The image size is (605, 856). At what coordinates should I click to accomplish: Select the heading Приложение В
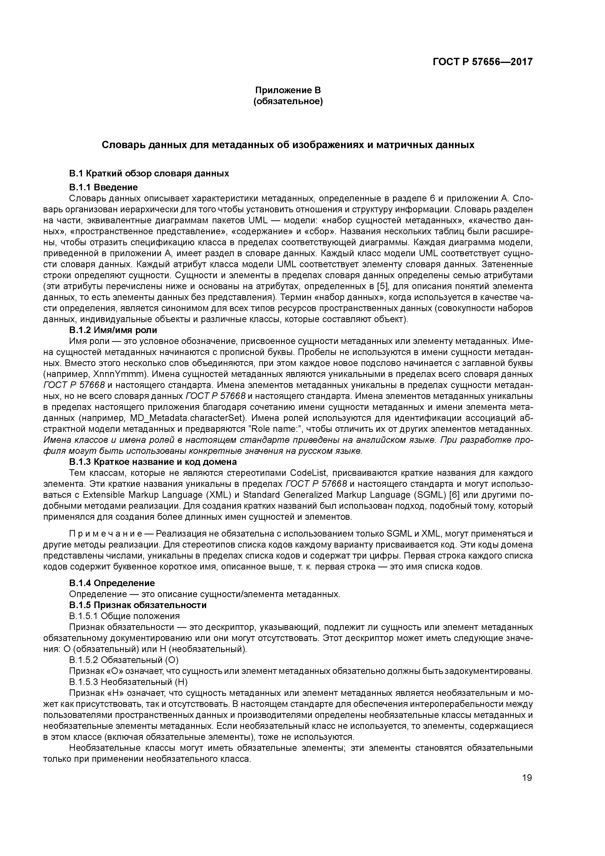tap(288, 90)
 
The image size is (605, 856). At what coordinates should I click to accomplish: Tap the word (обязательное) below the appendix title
tap(288, 102)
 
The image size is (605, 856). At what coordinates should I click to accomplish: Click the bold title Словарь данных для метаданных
tap(288, 145)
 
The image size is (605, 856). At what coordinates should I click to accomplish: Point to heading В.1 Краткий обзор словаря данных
tap(149, 174)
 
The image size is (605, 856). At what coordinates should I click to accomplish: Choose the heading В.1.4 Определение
tap(112, 583)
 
